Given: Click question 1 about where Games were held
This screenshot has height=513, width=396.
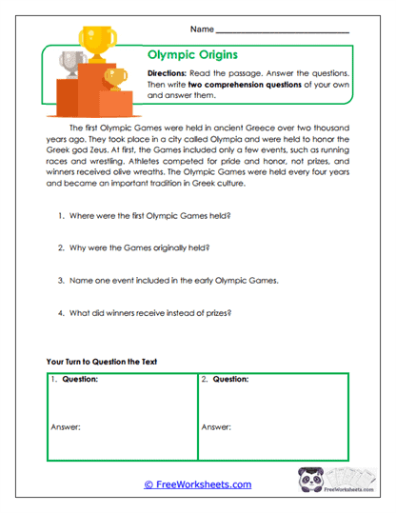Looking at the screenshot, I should pos(148,217).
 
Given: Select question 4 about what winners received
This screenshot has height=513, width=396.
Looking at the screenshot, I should pos(154,314).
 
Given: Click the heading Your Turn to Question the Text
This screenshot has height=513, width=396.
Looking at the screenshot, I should pos(108,362).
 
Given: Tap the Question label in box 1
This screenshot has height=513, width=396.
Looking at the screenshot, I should pos(80,379).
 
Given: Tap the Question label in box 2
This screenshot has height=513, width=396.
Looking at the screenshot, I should pos(234,379).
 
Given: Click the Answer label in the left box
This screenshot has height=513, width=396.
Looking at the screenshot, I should pos(64,427).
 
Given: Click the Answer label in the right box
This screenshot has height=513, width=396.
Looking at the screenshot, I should pos(217,427).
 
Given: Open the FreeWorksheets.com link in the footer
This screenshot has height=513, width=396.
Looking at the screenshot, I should pos(197,484).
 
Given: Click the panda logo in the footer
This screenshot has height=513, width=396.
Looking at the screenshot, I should pos(313,483).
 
